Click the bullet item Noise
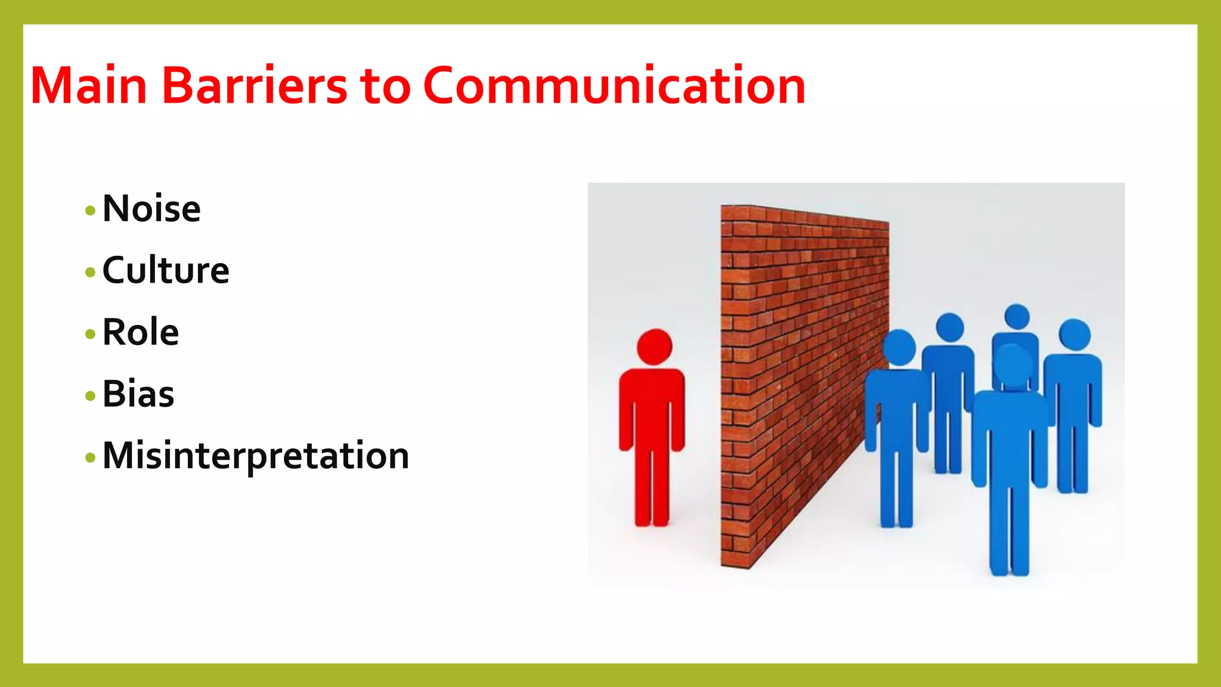point(151,209)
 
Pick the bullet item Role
point(141,332)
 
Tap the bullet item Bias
point(138,394)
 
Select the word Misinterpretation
point(256,456)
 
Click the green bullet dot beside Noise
point(91,211)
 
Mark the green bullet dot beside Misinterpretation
point(91,458)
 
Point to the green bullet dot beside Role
point(91,334)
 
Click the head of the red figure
point(654,346)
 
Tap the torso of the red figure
point(652,411)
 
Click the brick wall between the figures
point(799,370)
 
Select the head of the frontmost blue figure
point(1013,364)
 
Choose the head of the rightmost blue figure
point(1074,335)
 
